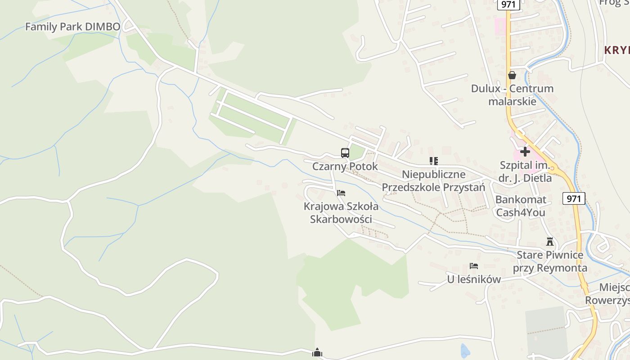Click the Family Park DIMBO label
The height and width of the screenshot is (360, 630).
[72, 27]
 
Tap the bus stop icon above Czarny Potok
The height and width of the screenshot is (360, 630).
[345, 153]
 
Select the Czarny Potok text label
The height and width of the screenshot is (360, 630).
[345, 166]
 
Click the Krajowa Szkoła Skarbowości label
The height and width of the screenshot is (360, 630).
[341, 213]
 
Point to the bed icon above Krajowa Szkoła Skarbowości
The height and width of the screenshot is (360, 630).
[341, 193]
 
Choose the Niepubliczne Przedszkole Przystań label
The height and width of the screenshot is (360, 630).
[434, 180]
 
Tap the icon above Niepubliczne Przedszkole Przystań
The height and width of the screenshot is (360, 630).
[434, 161]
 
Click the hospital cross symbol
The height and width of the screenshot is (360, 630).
[525, 152]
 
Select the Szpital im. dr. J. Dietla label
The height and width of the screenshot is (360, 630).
[525, 171]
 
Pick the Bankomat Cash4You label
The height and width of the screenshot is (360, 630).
[521, 206]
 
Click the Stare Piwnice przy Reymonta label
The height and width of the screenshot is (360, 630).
[550, 261]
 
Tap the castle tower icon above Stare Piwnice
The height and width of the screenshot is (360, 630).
[550, 242]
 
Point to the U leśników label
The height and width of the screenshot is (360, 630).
[474, 279]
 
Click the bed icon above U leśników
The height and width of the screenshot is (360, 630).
[474, 266]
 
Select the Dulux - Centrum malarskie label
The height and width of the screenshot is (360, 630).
[512, 94]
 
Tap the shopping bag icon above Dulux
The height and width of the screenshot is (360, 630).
[512, 75]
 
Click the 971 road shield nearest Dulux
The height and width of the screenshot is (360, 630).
[509, 4]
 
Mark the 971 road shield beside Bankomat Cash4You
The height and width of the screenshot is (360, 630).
[574, 198]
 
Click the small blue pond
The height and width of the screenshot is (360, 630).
[464, 350]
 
